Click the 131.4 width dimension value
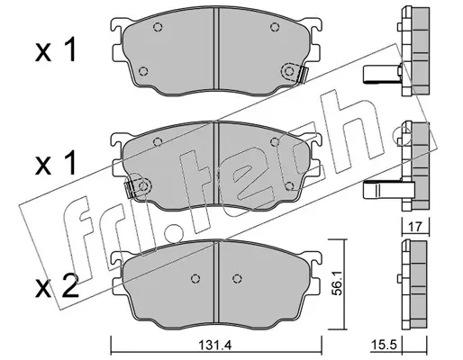click(x=215, y=346)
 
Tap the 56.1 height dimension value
click(x=337, y=284)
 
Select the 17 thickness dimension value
click(x=415, y=227)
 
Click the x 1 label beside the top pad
click(x=55, y=51)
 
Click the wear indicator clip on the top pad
click(x=295, y=73)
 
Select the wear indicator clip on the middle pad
click(x=138, y=187)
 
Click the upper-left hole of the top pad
click(x=158, y=27)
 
